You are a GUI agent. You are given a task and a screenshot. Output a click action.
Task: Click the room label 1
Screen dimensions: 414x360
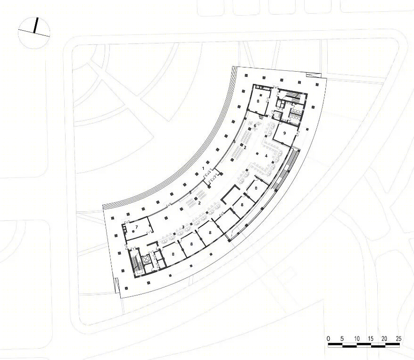pyautogui.click(x=203, y=168)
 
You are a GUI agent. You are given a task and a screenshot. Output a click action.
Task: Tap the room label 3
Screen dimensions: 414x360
pyautogui.click(x=183, y=227)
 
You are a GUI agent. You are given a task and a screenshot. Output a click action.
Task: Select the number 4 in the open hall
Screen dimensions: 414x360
pyautogui.click(x=266, y=156)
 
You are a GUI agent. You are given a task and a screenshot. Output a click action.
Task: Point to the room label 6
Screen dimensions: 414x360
pyautogui.click(x=255, y=126)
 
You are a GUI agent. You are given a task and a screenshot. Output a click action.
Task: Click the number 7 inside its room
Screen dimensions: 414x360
pyautogui.click(x=136, y=227)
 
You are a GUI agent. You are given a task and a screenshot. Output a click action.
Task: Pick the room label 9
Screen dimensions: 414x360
pyautogui.click(x=284, y=133)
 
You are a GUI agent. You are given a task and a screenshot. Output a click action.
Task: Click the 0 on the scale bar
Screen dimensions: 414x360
pyautogui.click(x=328, y=339)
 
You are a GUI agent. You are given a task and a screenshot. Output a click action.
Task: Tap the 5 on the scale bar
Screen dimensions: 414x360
pyautogui.click(x=342, y=339)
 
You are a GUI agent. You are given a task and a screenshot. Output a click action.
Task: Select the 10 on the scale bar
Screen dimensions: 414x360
pyautogui.click(x=356, y=339)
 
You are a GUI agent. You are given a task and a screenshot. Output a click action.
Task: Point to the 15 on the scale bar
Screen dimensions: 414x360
pyautogui.click(x=371, y=339)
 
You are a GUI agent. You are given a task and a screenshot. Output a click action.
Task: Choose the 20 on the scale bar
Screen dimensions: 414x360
pyautogui.click(x=384, y=339)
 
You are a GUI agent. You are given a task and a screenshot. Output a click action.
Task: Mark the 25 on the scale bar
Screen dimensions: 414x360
pyautogui.click(x=399, y=339)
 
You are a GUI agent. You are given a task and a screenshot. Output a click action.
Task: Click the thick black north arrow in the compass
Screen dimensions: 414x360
pyautogui.click(x=36, y=25)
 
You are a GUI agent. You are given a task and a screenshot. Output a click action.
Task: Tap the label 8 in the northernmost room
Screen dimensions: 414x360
pyautogui.click(x=258, y=101)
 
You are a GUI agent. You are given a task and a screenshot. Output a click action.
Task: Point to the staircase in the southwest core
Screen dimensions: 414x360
pyautogui.click(x=135, y=262)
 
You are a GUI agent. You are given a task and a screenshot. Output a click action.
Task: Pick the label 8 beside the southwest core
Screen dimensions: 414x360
pyautogui.click(x=173, y=254)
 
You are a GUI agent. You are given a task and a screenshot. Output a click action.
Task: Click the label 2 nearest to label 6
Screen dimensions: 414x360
pyautogui.click(x=245, y=147)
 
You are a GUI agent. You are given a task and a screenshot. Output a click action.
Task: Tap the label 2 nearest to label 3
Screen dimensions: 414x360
pyautogui.click(x=199, y=203)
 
